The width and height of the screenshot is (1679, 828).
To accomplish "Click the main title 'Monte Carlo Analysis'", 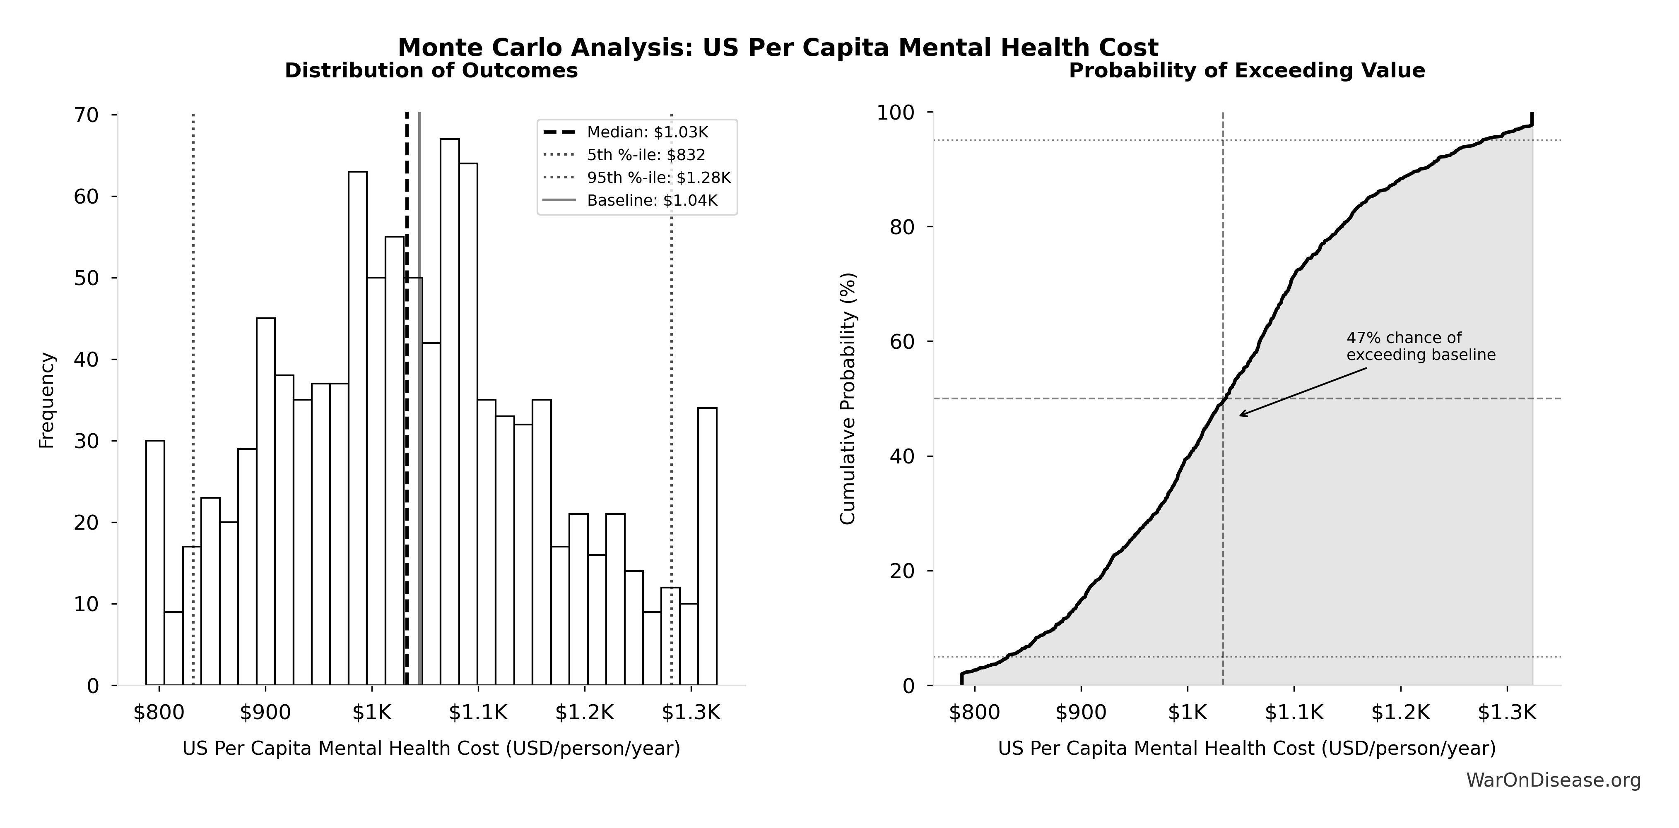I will pyautogui.click(x=778, y=48).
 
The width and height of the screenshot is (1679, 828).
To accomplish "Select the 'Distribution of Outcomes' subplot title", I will pyautogui.click(x=431, y=70).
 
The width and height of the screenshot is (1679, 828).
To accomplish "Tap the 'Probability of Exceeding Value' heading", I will pyautogui.click(x=1246, y=70).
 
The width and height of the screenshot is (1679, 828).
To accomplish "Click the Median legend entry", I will pyautogui.click(x=647, y=132).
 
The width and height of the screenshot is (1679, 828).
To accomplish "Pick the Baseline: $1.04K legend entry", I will pyautogui.click(x=651, y=201).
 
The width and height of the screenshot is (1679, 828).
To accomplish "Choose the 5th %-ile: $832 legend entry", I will pyautogui.click(x=645, y=155).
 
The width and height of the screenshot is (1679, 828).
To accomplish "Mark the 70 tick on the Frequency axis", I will pyautogui.click(x=86, y=115).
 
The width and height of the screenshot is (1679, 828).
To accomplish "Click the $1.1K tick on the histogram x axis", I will pyautogui.click(x=478, y=713).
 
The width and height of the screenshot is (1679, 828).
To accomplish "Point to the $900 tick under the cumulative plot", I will pyautogui.click(x=1081, y=713).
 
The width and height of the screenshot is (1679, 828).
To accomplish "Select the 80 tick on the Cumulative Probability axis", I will pyautogui.click(x=902, y=227).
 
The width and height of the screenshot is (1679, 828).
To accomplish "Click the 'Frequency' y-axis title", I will pyautogui.click(x=47, y=400).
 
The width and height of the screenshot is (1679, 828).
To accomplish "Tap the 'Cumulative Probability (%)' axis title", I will pyautogui.click(x=847, y=399).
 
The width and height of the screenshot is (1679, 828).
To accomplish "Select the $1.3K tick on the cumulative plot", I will pyautogui.click(x=1506, y=713).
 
